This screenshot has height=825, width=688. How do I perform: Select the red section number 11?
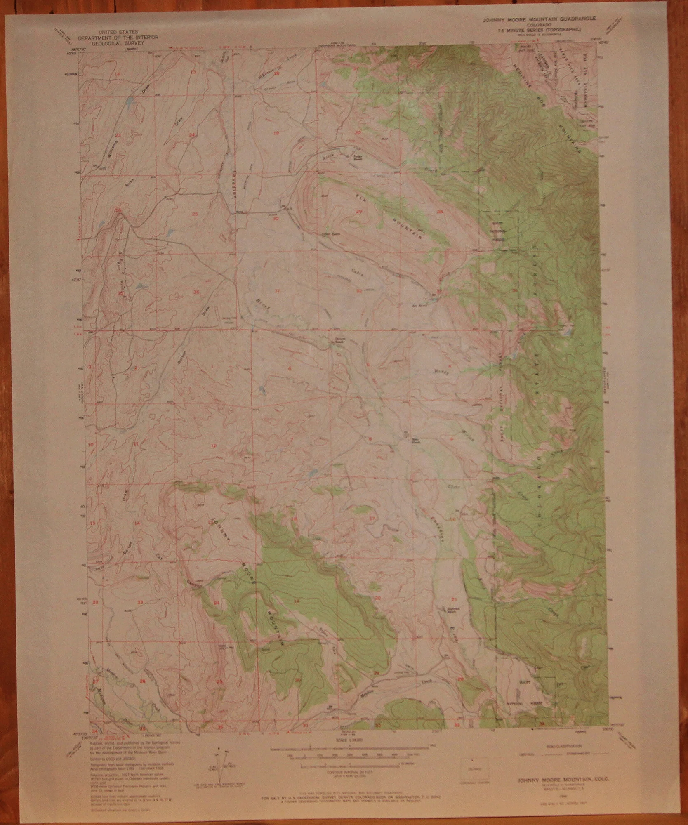tap(136, 445)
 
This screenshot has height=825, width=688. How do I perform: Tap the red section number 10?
tap(90, 445)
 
